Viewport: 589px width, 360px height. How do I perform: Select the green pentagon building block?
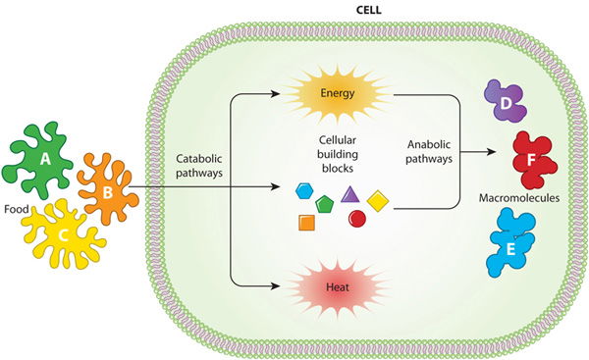[326, 202]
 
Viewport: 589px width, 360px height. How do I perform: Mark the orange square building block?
[305, 222]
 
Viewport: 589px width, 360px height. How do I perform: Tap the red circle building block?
[357, 218]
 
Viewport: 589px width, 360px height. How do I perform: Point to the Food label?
[16, 208]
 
